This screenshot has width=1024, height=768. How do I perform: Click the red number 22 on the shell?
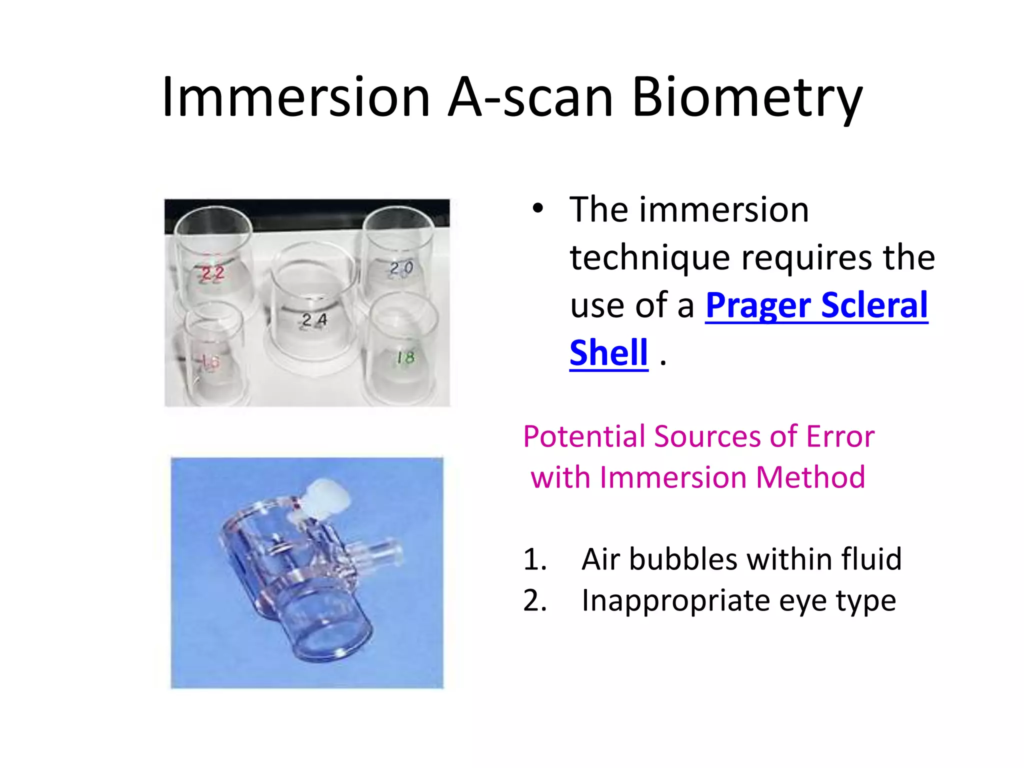[212, 273]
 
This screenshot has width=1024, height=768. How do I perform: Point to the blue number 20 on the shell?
[401, 268]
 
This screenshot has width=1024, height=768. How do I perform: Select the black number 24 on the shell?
[314, 320]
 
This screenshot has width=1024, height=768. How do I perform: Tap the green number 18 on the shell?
[405, 357]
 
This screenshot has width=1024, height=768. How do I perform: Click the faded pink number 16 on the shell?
[208, 361]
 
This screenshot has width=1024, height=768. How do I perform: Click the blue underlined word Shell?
[608, 352]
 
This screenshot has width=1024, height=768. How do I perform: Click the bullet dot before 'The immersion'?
[537, 209]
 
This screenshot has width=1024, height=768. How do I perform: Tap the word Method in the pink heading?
[810, 477]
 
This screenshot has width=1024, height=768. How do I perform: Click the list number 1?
[534, 559]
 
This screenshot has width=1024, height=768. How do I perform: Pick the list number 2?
[534, 600]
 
